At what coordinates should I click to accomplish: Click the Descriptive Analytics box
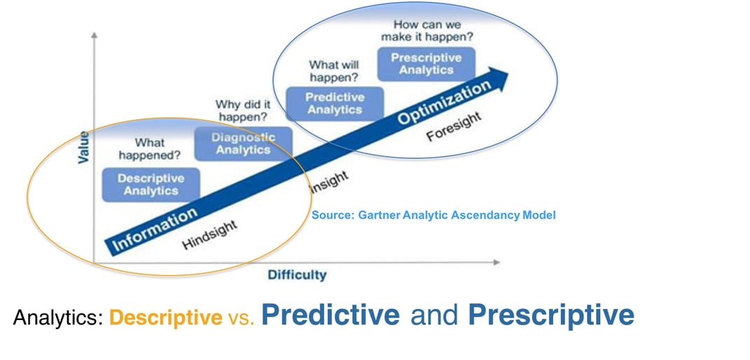pyautogui.click(x=151, y=184)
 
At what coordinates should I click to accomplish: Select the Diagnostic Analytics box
pyautogui.click(x=243, y=143)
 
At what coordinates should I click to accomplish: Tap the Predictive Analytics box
pyautogui.click(x=335, y=103)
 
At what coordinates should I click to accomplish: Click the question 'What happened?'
pyautogui.click(x=149, y=148)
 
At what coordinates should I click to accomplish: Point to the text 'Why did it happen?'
pyautogui.click(x=243, y=111)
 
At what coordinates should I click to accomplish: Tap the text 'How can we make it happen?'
pyautogui.click(x=426, y=31)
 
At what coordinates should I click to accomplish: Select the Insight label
pyautogui.click(x=327, y=181)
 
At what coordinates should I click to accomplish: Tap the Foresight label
pyautogui.click(x=454, y=126)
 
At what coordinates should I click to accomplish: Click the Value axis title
pyautogui.click(x=83, y=146)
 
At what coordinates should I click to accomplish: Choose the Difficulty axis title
pyautogui.click(x=297, y=275)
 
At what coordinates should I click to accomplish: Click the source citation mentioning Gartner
pyautogui.click(x=433, y=215)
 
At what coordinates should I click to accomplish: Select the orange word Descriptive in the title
pyautogui.click(x=165, y=319)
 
